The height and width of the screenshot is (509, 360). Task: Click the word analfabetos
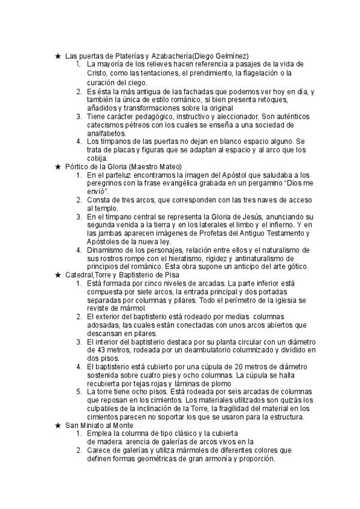pos(106,133)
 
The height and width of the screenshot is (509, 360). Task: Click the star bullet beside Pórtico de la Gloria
pos(58,166)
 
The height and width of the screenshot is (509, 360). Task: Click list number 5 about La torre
pos(79,392)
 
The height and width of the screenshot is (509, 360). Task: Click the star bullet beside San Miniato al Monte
pos(58,426)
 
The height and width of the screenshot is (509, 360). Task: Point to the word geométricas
pos(148,459)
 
